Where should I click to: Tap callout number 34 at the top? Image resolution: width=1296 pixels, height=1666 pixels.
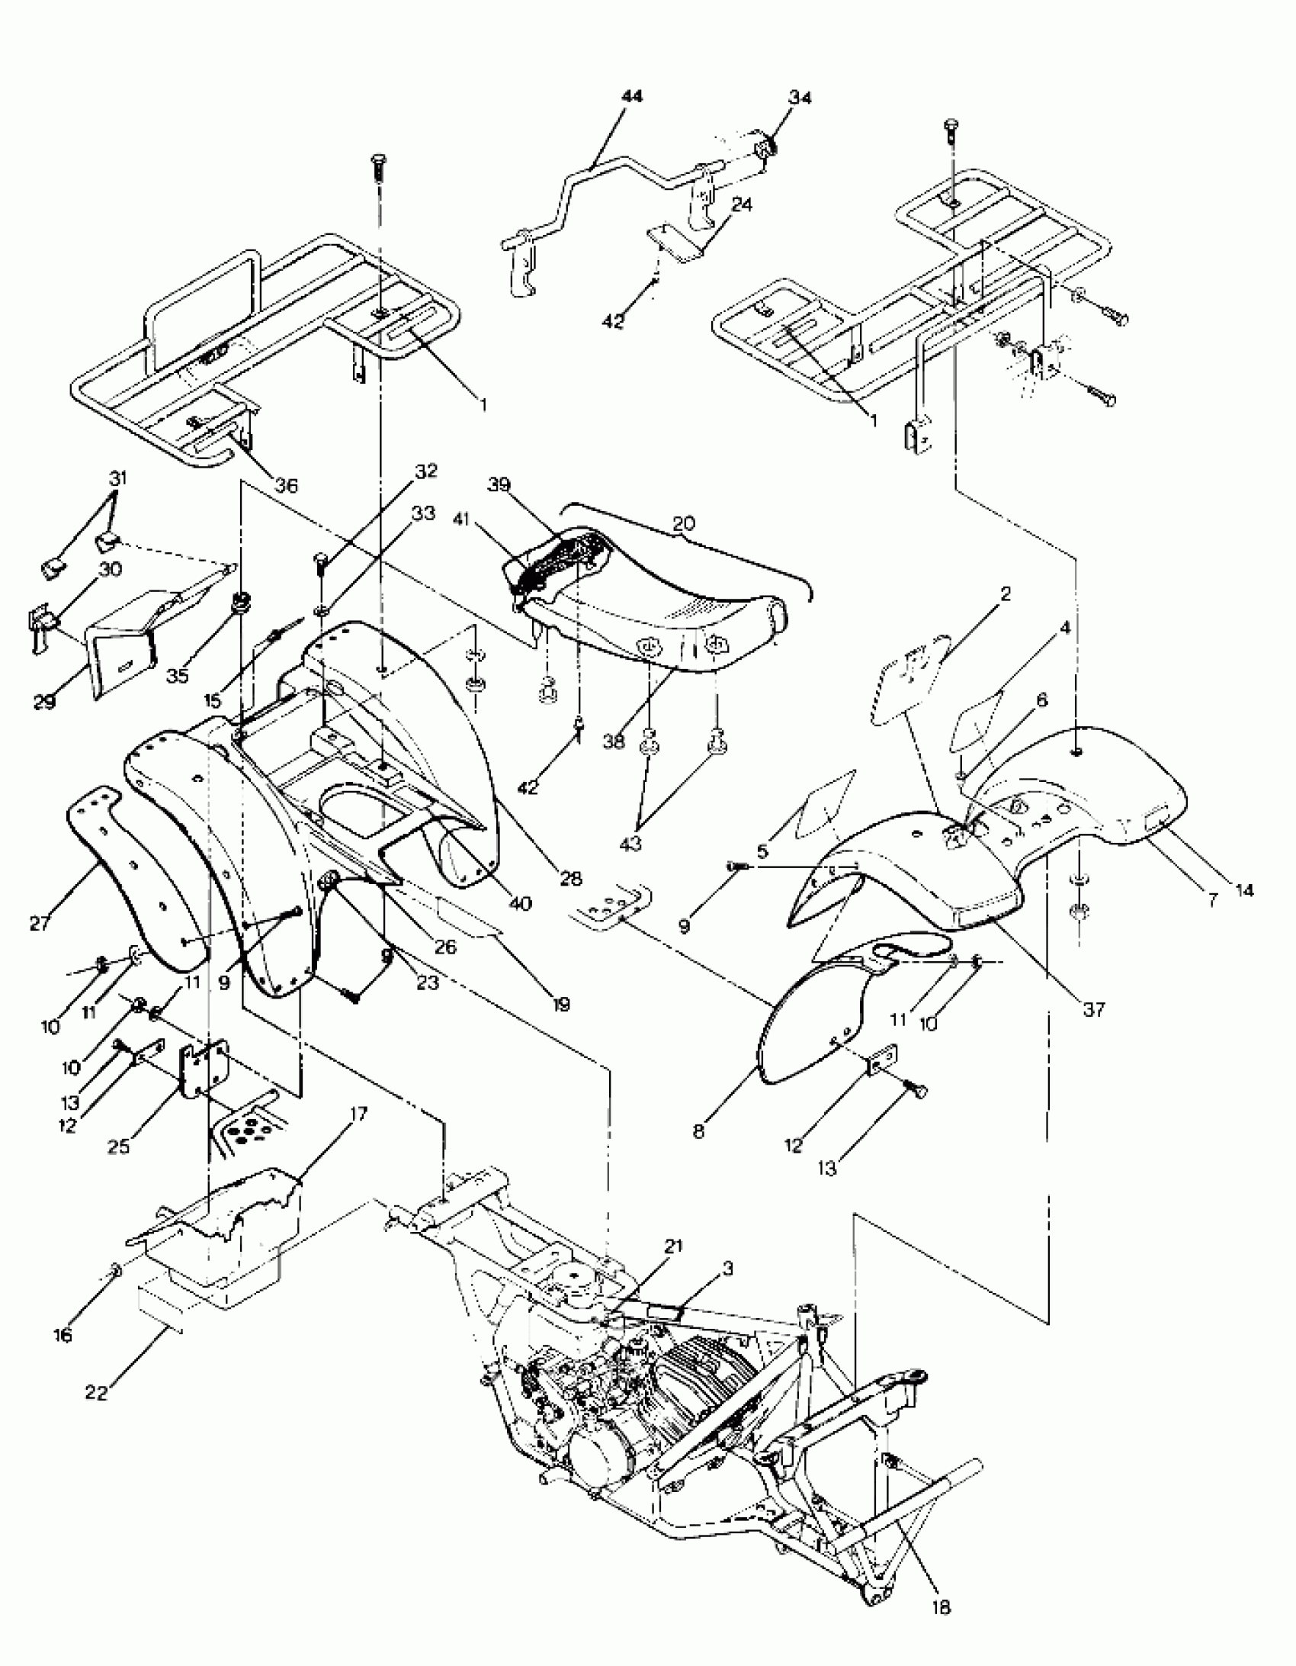pyautogui.click(x=800, y=98)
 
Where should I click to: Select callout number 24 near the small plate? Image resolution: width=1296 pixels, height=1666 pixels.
pyautogui.click(x=741, y=205)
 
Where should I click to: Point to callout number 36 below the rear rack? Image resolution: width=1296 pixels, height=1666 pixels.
pyautogui.click(x=287, y=485)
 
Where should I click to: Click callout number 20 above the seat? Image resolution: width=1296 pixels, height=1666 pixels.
pyautogui.click(x=684, y=524)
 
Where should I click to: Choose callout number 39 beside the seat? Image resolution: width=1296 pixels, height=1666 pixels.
pyautogui.click(x=499, y=485)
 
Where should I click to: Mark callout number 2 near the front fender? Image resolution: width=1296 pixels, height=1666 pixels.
pyautogui.click(x=1005, y=593)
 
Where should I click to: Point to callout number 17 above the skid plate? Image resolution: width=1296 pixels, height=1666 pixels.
pyautogui.click(x=358, y=1114)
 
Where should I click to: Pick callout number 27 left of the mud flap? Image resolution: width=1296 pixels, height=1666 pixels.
pyautogui.click(x=40, y=923)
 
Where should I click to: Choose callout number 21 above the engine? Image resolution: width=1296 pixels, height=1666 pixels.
pyautogui.click(x=673, y=1246)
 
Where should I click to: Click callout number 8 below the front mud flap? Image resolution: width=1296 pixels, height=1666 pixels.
pyautogui.click(x=699, y=1130)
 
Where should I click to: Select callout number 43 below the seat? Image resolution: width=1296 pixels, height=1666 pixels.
pyautogui.click(x=630, y=844)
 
